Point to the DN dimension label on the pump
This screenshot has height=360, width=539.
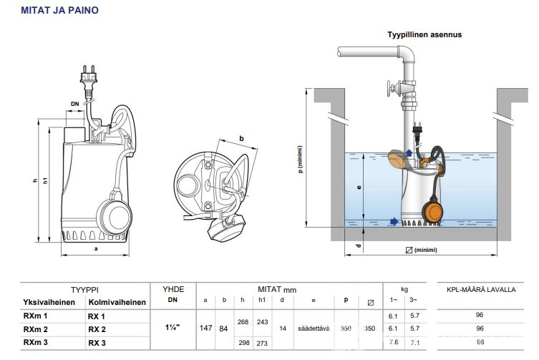click(75, 104)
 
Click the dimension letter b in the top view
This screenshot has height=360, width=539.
click(242, 138)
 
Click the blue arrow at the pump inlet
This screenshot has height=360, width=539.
click(393, 221)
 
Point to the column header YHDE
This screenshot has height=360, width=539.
click(173, 289)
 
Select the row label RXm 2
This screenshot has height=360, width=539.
click(36, 329)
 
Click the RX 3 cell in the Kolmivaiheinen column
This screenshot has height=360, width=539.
click(96, 342)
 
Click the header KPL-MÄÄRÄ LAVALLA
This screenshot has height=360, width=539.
click(480, 290)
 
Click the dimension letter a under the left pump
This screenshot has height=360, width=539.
click(95, 249)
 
